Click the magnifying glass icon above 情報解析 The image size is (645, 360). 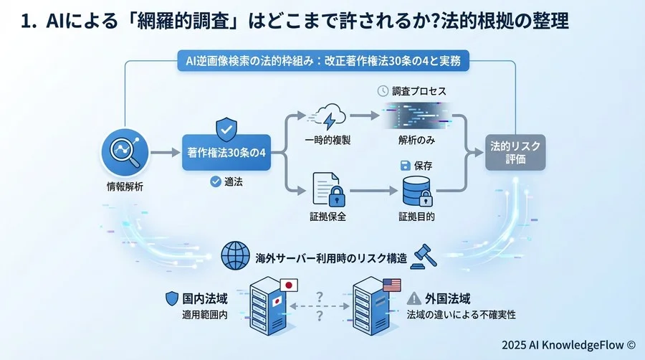[125, 152]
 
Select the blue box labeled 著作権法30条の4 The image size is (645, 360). [227, 152]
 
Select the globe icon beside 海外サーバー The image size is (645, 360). [236, 257]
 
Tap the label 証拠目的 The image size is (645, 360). [417, 216]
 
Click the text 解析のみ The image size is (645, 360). [417, 141]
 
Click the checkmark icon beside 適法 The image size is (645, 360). [214, 182]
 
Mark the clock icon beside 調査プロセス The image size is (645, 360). [383, 92]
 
